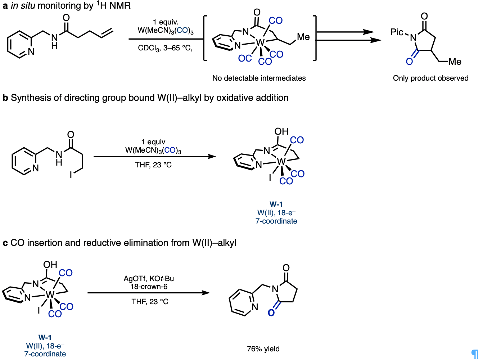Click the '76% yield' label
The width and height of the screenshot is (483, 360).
coord(263,349)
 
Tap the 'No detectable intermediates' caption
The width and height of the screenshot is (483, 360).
coord(259,78)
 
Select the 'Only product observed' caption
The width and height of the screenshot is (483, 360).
coord(430,78)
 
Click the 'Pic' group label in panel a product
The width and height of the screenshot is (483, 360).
coord(397,32)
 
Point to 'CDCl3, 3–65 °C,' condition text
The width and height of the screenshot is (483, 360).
coord(165,48)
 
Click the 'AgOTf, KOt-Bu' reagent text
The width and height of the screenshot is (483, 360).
coord(149,279)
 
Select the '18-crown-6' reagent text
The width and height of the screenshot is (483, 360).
coord(149,287)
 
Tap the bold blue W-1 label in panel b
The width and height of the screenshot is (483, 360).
coord(276,204)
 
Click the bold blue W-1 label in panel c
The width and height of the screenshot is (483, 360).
coord(45,337)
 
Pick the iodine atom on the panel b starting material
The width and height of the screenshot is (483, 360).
coord(71,175)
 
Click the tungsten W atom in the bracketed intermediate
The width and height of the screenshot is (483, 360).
coord(260,42)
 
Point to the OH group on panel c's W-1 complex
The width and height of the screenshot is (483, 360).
coord(50,265)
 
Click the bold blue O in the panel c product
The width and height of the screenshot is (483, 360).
coord(271,313)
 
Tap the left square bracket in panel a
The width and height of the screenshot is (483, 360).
coord(205,38)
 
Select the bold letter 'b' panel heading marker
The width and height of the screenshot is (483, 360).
coord(5,98)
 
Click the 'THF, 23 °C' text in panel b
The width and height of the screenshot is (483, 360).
coord(153,165)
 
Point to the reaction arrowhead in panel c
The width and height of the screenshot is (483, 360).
coord(206,293)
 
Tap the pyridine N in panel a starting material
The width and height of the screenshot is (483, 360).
coord(31,51)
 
